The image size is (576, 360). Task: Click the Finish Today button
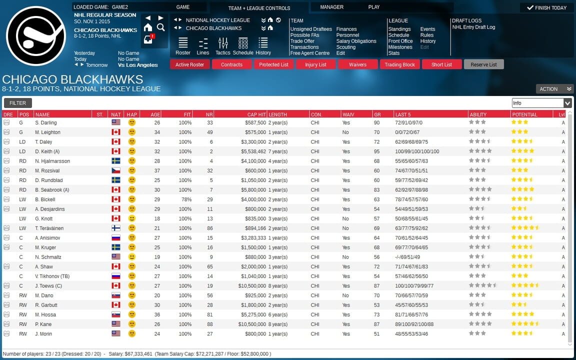pos(546,7)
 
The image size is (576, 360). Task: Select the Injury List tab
pos(315,64)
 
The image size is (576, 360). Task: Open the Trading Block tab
pos(399,64)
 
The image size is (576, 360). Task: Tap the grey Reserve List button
pos(483,64)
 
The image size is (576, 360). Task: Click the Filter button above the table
pos(17,103)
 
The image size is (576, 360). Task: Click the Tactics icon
pos(223,45)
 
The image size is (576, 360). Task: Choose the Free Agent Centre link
pos(309,53)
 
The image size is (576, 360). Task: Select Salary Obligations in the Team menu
pos(356,41)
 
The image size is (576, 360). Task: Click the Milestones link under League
pos(400,47)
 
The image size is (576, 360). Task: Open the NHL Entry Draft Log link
pos(473,27)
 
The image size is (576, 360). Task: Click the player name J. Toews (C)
pos(48,285)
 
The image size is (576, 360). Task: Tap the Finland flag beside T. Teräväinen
pos(116,228)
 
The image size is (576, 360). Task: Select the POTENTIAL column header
pos(524,114)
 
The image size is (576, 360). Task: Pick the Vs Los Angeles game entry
pos(137,65)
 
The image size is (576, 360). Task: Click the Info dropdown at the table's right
pos(541,103)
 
